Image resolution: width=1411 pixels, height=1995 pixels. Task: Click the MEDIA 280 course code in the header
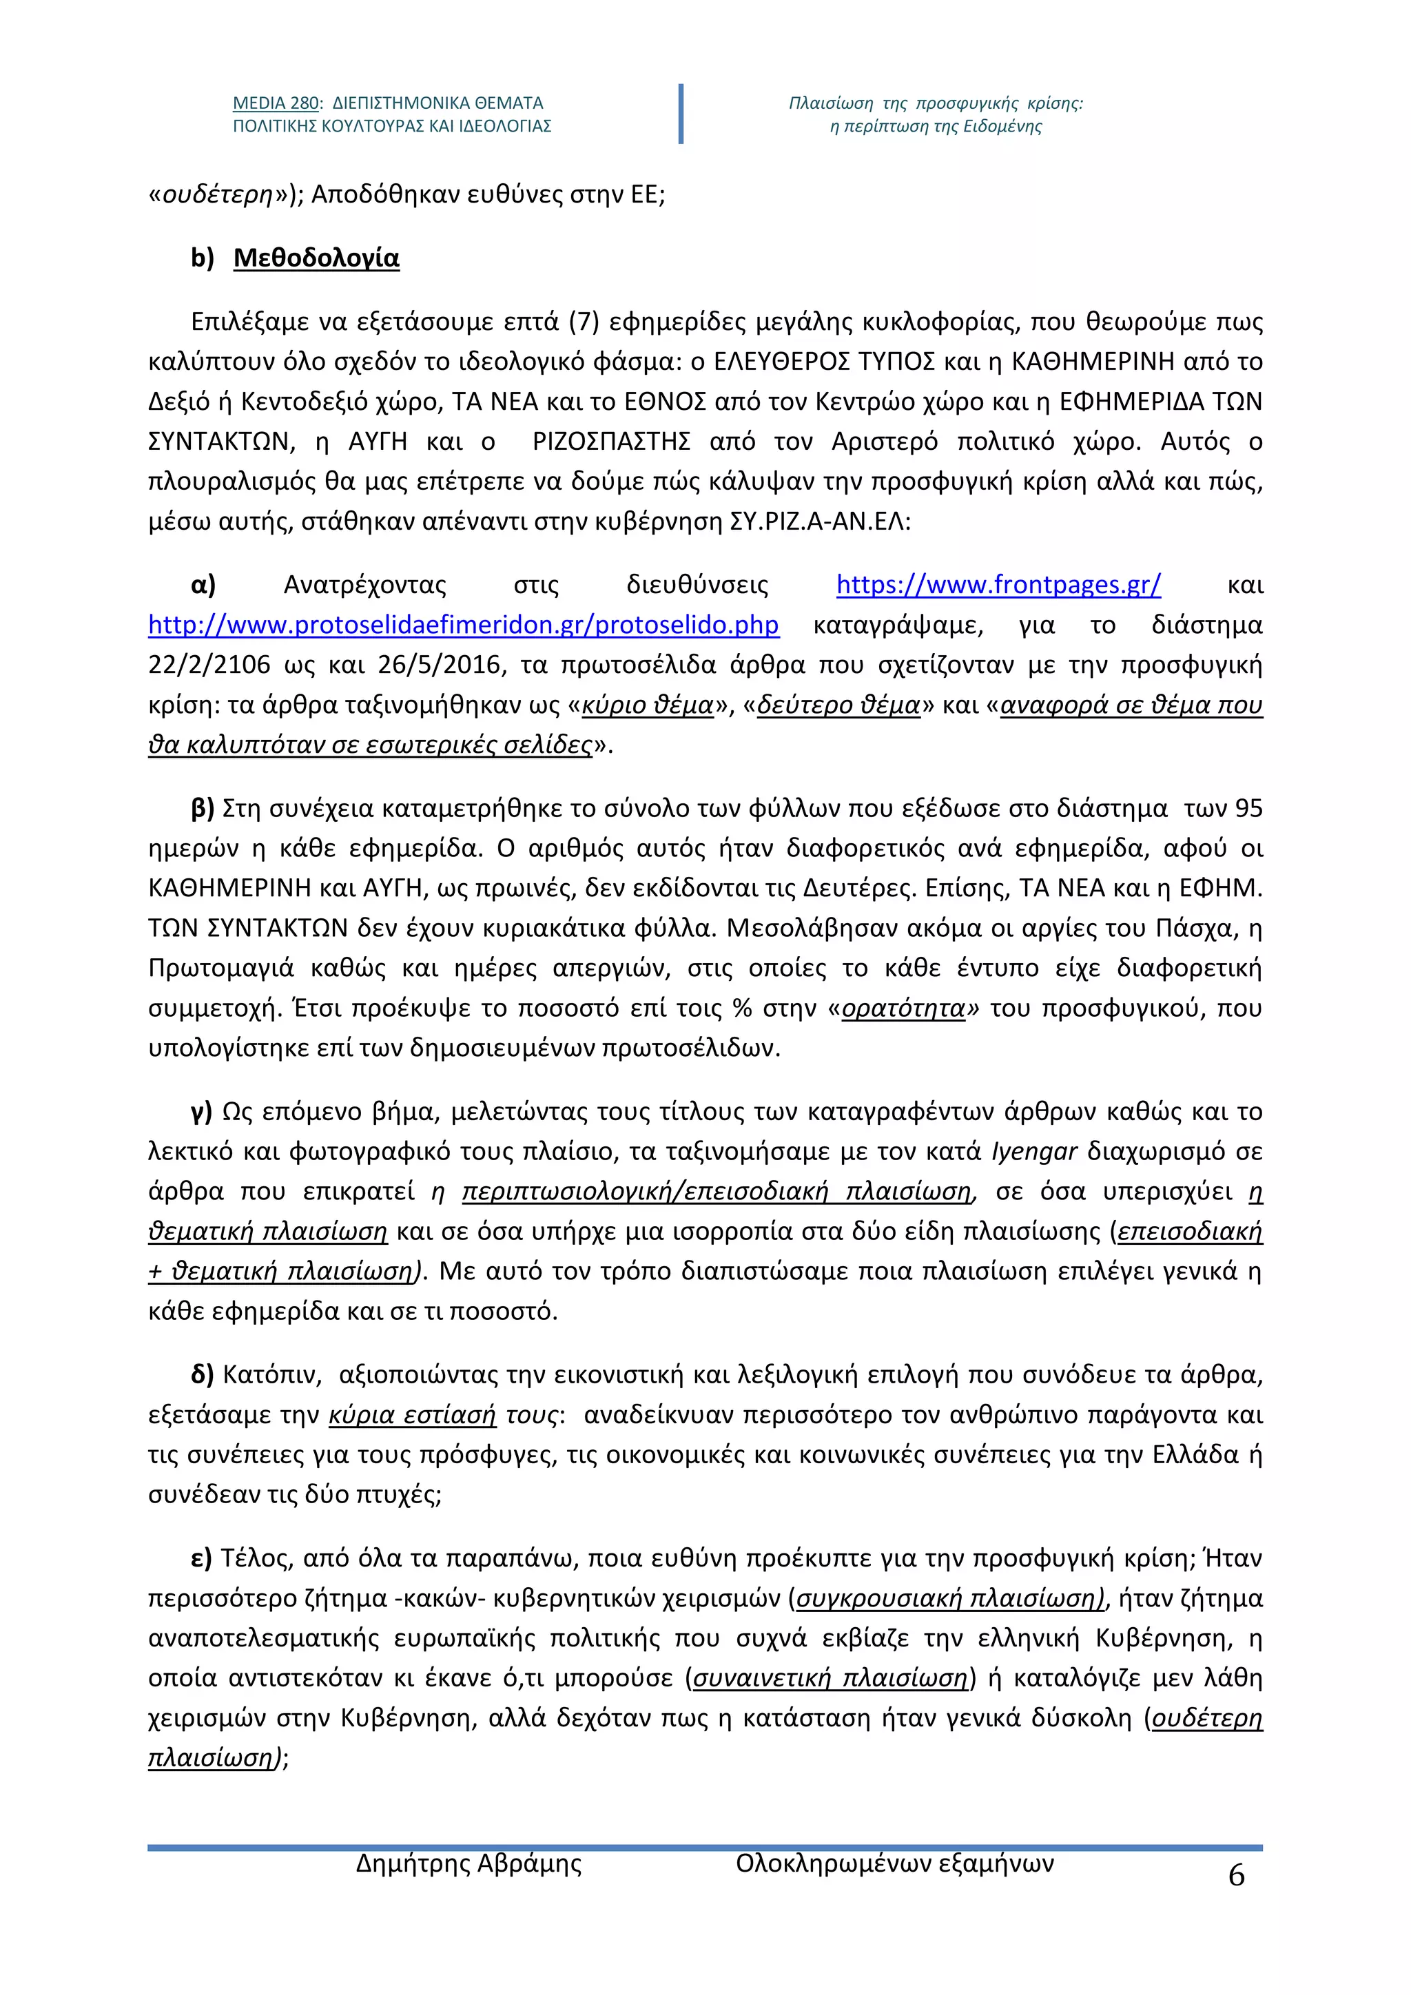coord(276,103)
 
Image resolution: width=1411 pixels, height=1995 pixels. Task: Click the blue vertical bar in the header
coord(680,114)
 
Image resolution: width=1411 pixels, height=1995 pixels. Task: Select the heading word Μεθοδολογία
coord(316,258)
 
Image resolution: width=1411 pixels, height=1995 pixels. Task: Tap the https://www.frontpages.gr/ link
coord(998,585)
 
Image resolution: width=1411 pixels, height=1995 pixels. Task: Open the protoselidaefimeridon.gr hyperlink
coord(463,625)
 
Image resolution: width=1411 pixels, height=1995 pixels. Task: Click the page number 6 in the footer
coord(1235,1876)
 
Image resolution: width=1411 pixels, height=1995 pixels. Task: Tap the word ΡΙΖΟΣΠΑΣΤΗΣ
coord(611,442)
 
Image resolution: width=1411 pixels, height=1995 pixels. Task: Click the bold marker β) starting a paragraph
coord(203,809)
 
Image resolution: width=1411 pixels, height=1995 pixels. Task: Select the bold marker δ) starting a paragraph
coord(203,1374)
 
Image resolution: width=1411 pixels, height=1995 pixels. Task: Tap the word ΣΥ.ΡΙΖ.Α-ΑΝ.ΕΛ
coord(818,521)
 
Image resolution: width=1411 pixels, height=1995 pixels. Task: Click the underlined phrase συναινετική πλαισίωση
coord(830,1678)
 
